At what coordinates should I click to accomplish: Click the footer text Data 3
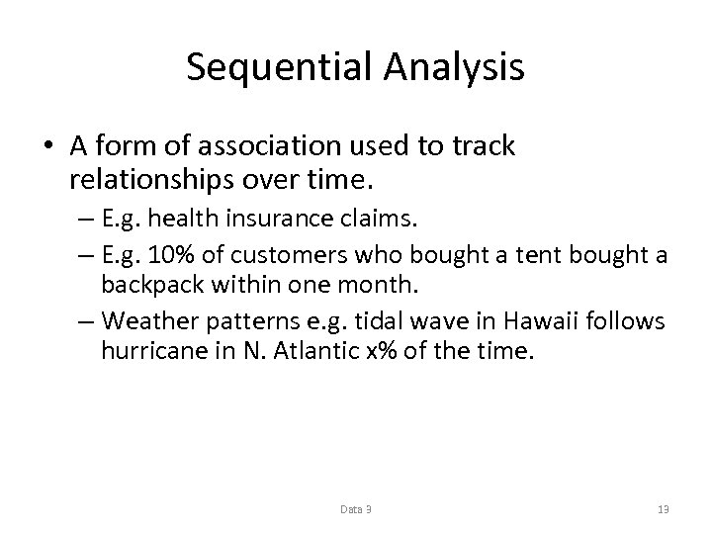355,509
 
